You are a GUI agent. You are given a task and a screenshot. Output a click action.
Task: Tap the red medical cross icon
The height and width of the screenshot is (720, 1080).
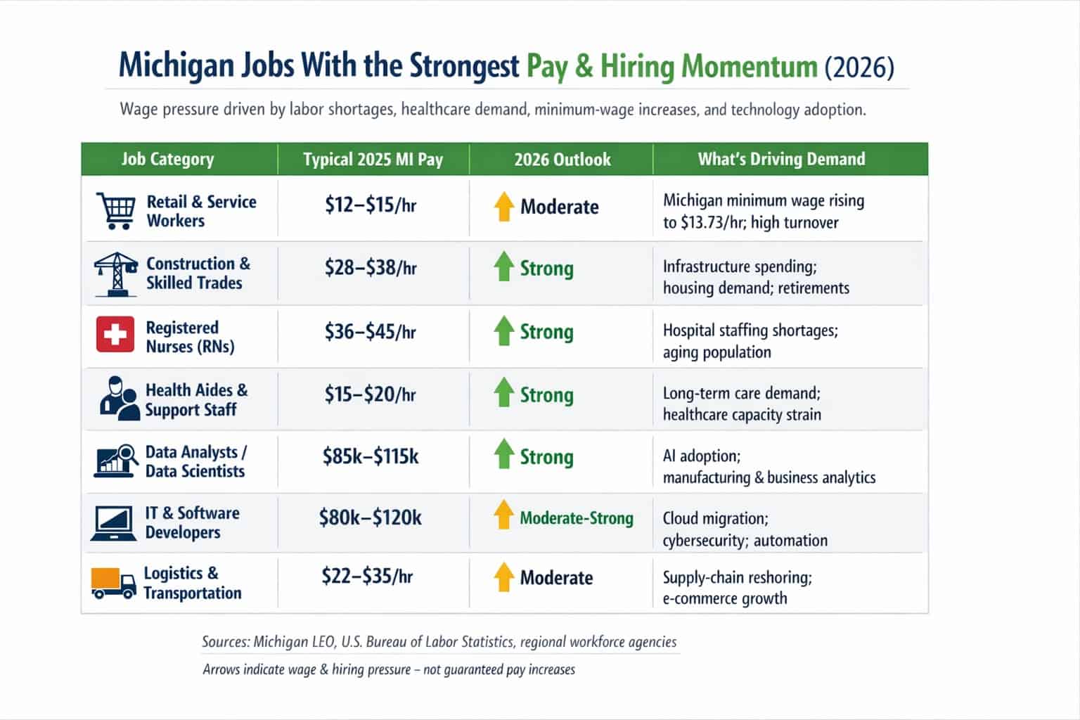[115, 334]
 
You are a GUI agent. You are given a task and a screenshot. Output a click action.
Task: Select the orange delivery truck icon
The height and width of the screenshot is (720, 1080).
[113, 583]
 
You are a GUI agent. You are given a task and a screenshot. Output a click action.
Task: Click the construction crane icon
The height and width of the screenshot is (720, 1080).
[115, 274]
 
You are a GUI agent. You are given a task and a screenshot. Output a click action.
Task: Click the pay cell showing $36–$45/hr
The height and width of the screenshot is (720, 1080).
[370, 332]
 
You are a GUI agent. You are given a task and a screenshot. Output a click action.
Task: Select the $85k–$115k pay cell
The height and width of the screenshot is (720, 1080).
[371, 457]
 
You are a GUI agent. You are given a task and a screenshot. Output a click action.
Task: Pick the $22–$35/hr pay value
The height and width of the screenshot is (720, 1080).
[367, 577]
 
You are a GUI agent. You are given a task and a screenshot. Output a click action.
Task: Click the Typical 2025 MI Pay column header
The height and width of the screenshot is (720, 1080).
[373, 160]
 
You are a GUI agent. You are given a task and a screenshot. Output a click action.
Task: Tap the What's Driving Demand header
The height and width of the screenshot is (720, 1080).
[781, 160]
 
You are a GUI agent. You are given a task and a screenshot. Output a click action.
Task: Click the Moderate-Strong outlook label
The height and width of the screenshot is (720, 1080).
[576, 519]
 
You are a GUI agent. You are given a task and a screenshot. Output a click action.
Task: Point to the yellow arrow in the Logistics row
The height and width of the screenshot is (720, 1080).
[503, 577]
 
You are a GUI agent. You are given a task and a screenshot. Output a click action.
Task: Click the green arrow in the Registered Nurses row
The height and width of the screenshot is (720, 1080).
[503, 331]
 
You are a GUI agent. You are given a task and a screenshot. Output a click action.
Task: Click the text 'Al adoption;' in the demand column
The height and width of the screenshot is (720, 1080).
[701, 456]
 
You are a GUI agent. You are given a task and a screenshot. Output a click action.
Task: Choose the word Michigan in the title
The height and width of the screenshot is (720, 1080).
[175, 65]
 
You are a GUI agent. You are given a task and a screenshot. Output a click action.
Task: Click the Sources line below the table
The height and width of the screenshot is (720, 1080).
[439, 642]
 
